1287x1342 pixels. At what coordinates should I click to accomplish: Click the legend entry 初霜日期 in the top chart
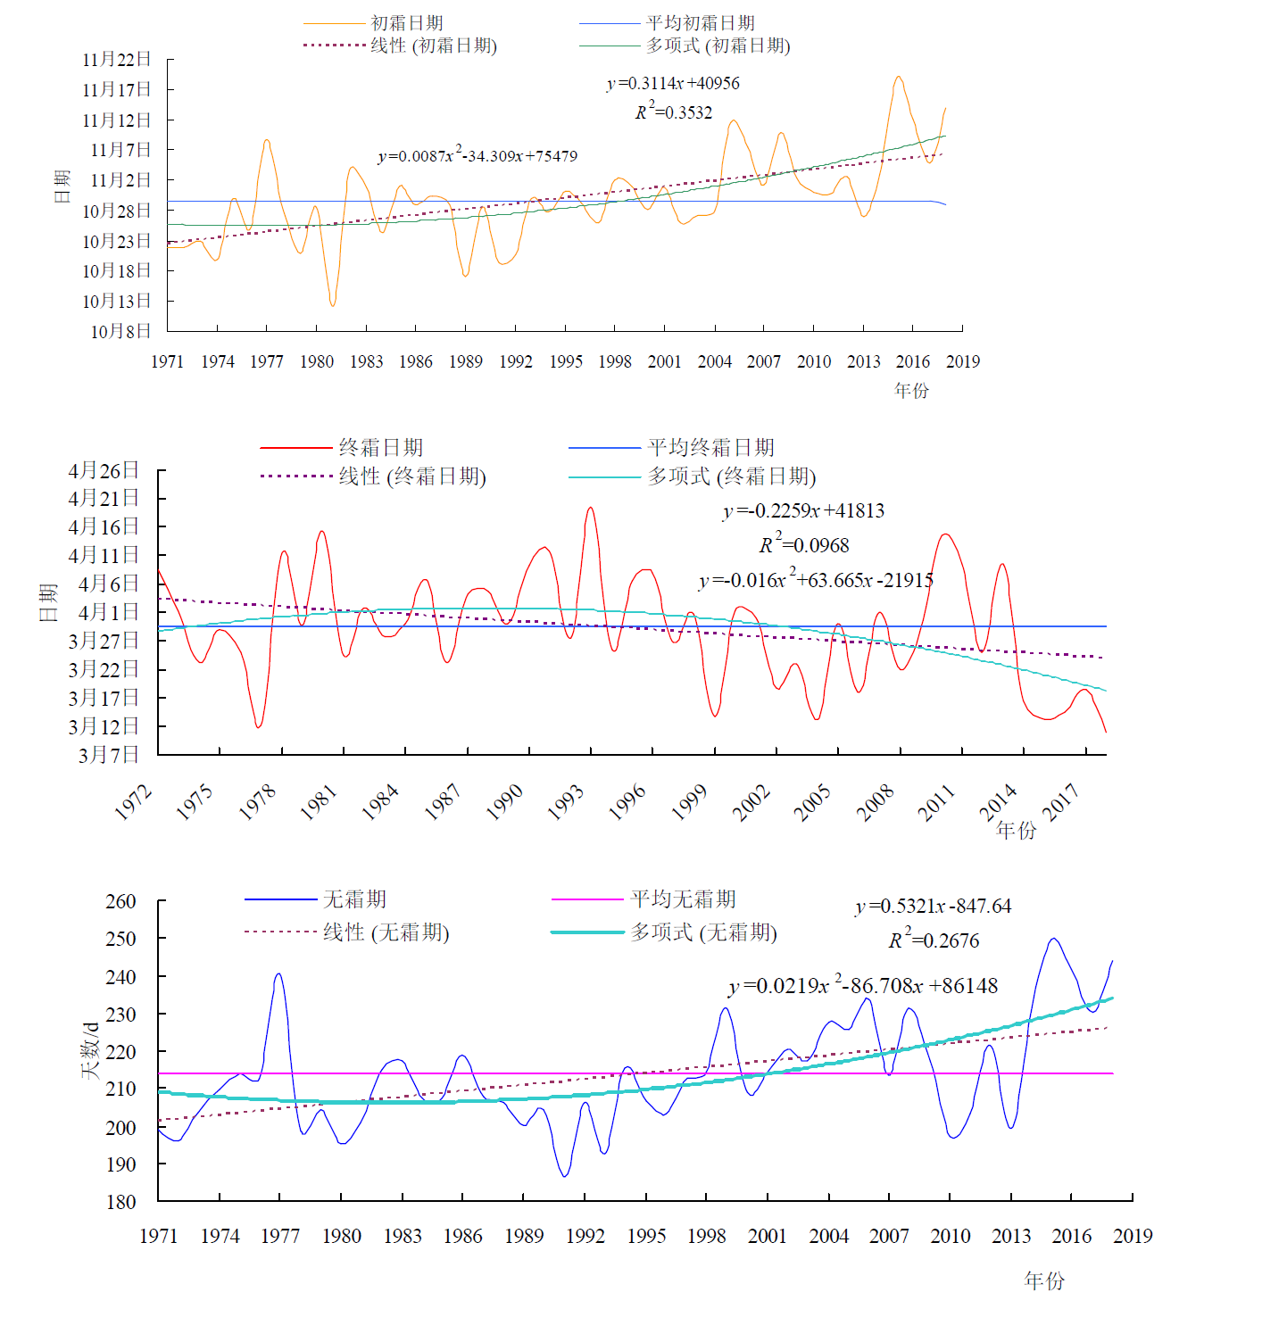407,23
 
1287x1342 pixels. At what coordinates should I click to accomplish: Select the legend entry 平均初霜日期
701,23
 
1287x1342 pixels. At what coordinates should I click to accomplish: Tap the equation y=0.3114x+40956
673,84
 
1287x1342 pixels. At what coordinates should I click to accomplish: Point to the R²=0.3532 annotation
674,112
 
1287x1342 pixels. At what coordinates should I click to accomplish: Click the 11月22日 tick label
117,60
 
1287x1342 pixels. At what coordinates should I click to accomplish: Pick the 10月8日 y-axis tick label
120,331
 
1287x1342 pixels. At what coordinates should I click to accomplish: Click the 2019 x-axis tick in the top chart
963,361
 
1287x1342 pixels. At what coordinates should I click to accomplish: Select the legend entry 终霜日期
381,447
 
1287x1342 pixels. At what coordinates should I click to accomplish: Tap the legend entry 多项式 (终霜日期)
732,476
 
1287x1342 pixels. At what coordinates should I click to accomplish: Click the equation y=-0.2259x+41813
803,511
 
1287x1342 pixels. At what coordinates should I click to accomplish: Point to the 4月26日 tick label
104,470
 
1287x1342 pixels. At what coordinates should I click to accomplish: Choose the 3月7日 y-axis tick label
109,755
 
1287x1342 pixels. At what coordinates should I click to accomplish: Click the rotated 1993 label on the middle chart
565,802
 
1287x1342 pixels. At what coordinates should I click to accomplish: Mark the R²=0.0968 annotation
804,545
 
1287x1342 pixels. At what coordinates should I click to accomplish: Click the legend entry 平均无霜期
683,899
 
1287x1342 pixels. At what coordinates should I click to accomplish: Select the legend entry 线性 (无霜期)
386,932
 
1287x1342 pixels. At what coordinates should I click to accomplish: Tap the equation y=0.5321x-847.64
933,907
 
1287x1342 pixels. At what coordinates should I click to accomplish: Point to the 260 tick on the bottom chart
120,901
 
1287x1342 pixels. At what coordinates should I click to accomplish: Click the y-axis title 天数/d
90,1050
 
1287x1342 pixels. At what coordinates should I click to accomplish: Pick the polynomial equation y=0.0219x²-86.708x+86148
863,986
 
